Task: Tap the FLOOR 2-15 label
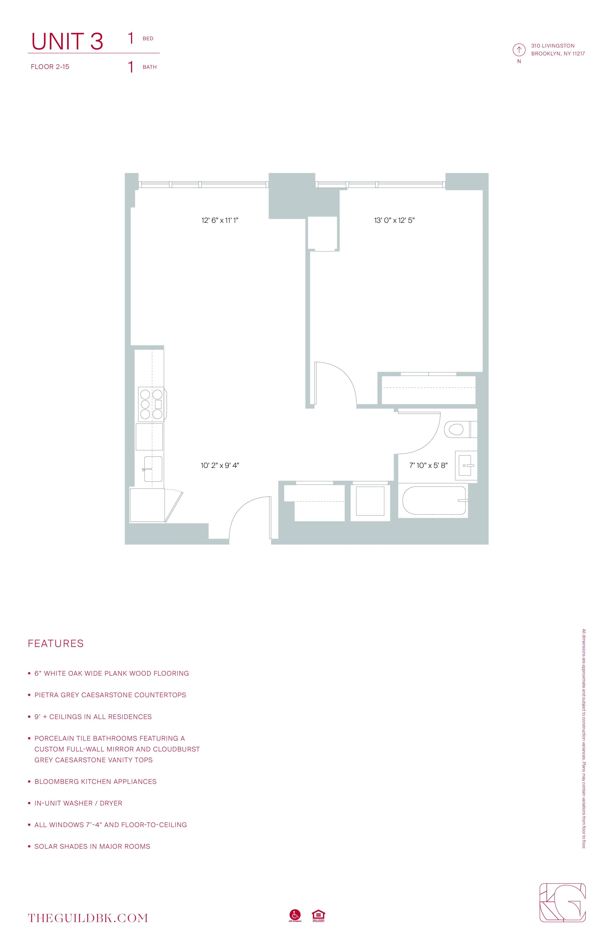click(50, 67)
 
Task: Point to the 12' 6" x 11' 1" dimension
click(220, 220)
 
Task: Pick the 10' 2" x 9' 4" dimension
click(220, 465)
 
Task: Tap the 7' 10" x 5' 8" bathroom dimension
click(428, 465)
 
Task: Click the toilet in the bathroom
click(457, 430)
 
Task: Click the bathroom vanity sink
click(466, 465)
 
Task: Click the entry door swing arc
click(245, 511)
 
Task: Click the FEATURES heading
click(56, 643)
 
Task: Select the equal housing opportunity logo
click(318, 915)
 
